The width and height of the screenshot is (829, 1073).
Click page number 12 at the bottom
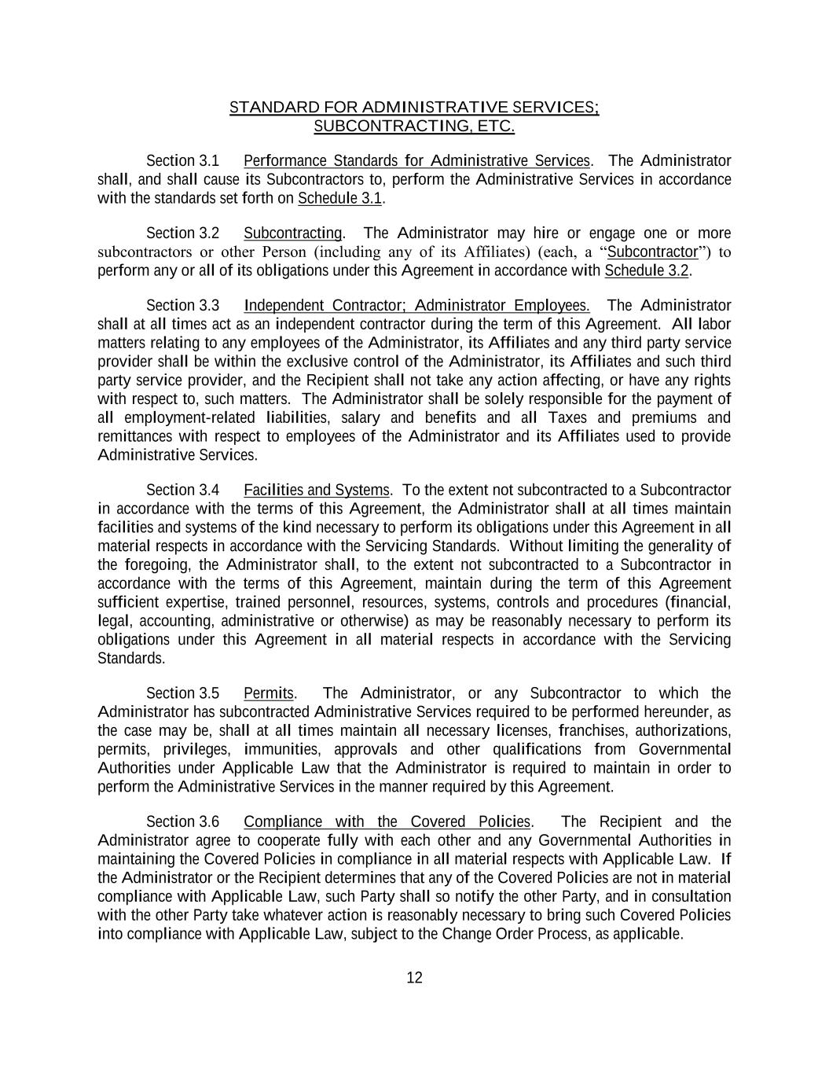414,978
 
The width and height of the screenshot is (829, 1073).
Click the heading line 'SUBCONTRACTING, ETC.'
414,126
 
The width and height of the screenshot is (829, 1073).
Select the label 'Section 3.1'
182,161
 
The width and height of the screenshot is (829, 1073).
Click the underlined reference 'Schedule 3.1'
339,199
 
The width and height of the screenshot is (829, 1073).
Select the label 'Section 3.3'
182,306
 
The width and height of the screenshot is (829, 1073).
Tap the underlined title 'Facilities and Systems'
316,491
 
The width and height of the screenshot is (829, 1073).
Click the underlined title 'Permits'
269,693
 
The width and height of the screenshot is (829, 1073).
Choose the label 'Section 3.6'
182,822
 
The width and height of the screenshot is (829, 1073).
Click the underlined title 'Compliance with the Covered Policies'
387,822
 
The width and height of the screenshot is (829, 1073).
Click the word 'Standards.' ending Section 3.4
131,659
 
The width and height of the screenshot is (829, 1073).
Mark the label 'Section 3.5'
182,693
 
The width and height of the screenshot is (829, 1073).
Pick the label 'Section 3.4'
182,491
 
